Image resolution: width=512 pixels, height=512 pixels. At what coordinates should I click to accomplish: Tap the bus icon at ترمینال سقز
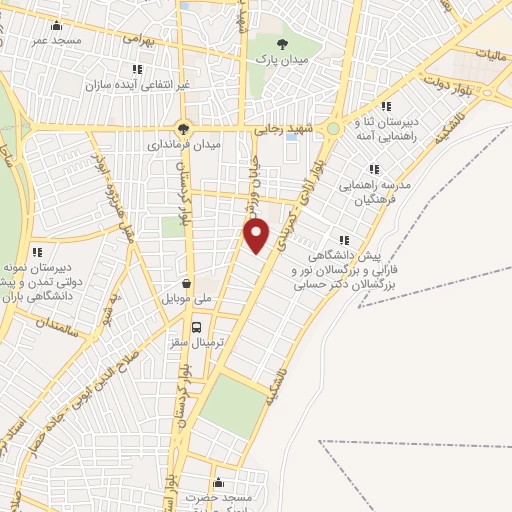click(196, 326)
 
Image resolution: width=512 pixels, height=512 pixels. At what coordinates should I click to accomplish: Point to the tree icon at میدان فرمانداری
click(182, 128)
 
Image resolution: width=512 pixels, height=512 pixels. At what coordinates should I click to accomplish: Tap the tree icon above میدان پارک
click(284, 43)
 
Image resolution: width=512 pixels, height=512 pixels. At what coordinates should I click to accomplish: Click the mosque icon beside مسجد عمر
click(55, 26)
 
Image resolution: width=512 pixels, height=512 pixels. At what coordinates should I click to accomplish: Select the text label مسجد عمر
click(54, 40)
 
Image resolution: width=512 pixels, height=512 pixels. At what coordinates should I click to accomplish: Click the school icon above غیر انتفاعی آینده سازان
click(137, 69)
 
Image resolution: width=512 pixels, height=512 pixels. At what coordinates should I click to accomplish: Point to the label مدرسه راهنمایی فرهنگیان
click(375, 192)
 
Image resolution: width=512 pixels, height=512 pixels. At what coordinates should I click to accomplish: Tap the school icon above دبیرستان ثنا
click(386, 107)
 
